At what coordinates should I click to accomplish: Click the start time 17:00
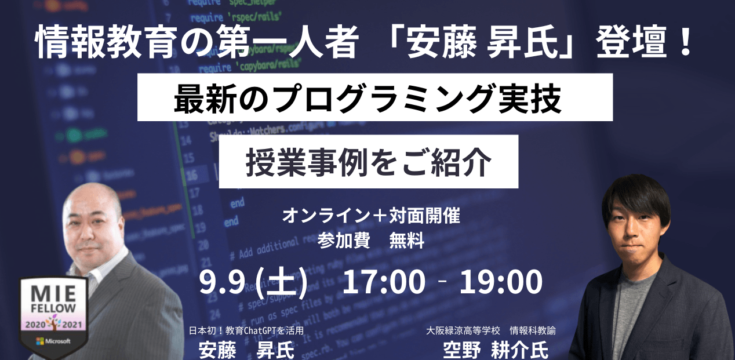pos(384,283)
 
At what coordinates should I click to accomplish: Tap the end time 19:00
pos(500,283)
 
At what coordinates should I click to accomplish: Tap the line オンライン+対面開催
pos(371,216)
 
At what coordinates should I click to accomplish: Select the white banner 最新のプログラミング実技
pos(374,97)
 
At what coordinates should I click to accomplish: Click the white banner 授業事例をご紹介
pos(368,161)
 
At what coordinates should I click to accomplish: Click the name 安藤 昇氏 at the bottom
pos(246,350)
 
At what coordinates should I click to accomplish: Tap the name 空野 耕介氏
pos(495,350)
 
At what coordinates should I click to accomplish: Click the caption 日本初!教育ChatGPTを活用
pos(246,331)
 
